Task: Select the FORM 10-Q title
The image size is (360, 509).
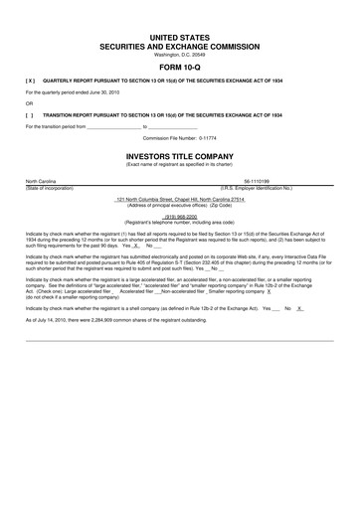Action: [x=180, y=68]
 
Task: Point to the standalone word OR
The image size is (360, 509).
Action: [x=29, y=102]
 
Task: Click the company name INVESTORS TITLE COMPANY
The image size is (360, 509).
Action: [x=180, y=156]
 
